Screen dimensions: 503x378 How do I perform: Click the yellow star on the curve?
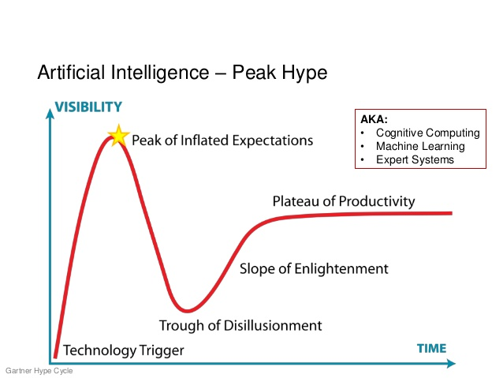click(119, 136)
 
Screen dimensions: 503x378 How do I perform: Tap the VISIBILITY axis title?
click(88, 107)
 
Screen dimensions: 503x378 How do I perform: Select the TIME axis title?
click(431, 349)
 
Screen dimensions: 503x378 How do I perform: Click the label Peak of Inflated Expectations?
click(222, 140)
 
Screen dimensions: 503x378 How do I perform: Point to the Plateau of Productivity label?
click(344, 201)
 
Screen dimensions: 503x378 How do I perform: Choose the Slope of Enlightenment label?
click(314, 268)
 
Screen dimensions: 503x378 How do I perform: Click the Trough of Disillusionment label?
click(240, 325)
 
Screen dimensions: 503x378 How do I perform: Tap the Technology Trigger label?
click(124, 350)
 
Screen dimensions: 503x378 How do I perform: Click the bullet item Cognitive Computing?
click(428, 133)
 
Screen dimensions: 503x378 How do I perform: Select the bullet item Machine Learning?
click(420, 146)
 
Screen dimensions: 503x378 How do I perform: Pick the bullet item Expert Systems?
click(415, 159)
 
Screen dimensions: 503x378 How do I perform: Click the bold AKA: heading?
click(374, 119)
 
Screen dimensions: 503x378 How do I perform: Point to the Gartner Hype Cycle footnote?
click(39, 371)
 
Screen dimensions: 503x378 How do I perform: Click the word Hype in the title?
click(304, 73)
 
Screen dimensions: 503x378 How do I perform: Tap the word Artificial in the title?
click(72, 72)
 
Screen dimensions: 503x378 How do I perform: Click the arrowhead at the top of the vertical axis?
click(50, 114)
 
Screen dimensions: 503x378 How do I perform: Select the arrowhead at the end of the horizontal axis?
click(451, 364)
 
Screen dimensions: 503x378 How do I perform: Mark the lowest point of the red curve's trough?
click(187, 311)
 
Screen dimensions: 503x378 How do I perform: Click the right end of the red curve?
click(452, 213)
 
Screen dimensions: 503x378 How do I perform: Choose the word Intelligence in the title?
click(160, 73)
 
